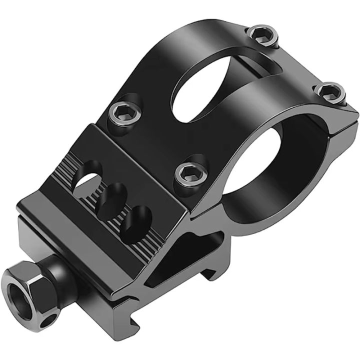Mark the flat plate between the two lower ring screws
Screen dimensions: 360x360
150,145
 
